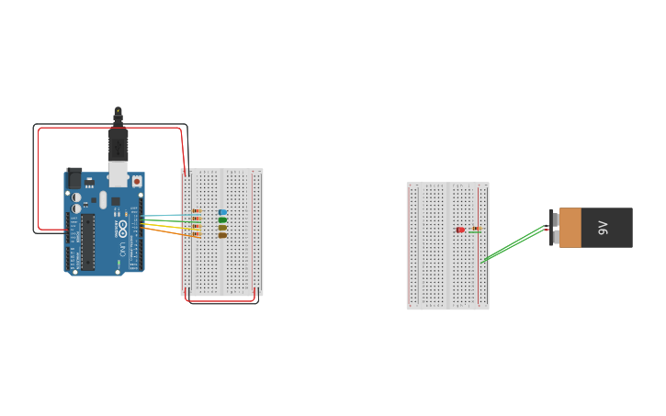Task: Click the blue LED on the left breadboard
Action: pyautogui.click(x=223, y=212)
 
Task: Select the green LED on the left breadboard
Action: pyautogui.click(x=223, y=219)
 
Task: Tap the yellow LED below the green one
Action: pyautogui.click(x=223, y=227)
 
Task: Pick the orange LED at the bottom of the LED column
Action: pyautogui.click(x=223, y=235)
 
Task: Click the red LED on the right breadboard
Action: pyautogui.click(x=460, y=230)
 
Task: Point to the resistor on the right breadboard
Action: pyautogui.click(x=475, y=230)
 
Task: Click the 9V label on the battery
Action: pyautogui.click(x=603, y=227)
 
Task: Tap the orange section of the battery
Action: pyautogui.click(x=570, y=227)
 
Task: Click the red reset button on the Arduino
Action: pyautogui.click(x=137, y=182)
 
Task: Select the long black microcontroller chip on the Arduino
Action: pyautogui.click(x=88, y=242)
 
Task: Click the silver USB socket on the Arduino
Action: pyautogui.click(x=119, y=172)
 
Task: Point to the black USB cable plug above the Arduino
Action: pyautogui.click(x=118, y=142)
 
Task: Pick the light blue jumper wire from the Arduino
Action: pyautogui.click(x=165, y=216)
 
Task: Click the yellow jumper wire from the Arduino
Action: pyautogui.click(x=165, y=227)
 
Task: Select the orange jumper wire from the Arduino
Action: pyautogui.click(x=165, y=232)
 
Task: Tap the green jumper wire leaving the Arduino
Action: pyautogui.click(x=165, y=221)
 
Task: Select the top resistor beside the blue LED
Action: pyautogui.click(x=196, y=212)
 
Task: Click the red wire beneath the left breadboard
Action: pyautogui.click(x=220, y=299)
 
